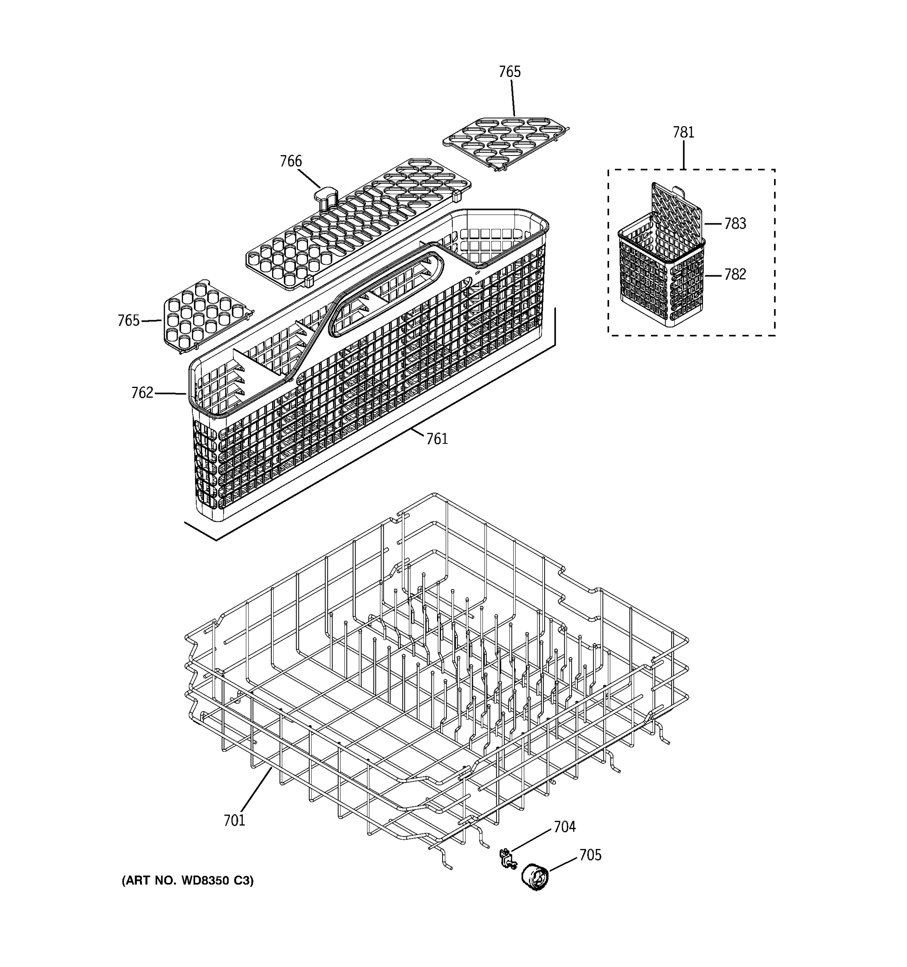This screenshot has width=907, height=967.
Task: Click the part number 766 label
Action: tap(291, 161)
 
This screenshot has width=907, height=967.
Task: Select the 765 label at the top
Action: tap(510, 72)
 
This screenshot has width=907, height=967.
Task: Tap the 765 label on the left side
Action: tap(129, 321)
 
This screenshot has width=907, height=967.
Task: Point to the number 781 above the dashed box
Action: tap(683, 132)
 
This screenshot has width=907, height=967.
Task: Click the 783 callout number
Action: tap(735, 224)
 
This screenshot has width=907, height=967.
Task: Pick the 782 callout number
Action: tap(735, 275)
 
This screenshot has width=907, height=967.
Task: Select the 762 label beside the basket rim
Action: tap(142, 392)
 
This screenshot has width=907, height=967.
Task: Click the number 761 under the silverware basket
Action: tap(437, 439)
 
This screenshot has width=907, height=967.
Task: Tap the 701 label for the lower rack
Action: tap(234, 821)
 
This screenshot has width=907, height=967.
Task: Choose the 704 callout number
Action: tap(564, 827)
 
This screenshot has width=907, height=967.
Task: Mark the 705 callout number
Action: tap(590, 855)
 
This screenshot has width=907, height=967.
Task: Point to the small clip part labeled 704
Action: tap(507, 859)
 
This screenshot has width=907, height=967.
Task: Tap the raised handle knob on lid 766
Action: tap(325, 197)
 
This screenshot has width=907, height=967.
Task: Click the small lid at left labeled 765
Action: tap(204, 314)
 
